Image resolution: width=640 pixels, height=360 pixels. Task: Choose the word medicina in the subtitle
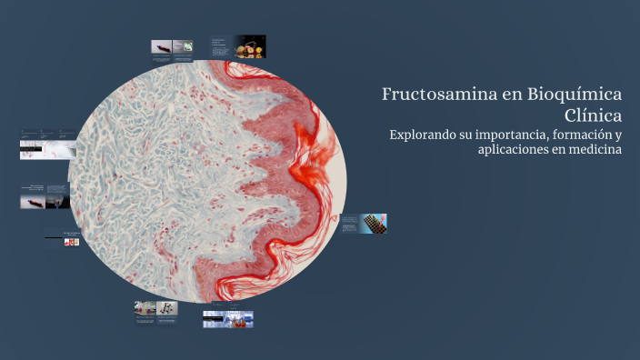pyautogui.click(x=593, y=150)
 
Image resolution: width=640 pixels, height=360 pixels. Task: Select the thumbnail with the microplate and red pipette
pyautogui.click(x=374, y=223)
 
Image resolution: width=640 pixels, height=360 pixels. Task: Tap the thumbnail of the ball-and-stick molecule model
pyautogui.click(x=166, y=308)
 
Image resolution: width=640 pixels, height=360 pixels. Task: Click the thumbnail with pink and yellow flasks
pyautogui.click(x=145, y=308)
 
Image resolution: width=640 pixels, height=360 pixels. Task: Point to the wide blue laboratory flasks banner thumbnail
pyautogui.click(x=228, y=319)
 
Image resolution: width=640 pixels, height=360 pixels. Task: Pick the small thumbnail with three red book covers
pyautogui.click(x=71, y=242)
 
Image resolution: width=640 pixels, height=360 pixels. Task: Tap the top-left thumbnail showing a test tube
pyautogui.click(x=161, y=46)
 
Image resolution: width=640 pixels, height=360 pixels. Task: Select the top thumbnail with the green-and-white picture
pyautogui.click(x=183, y=46)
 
